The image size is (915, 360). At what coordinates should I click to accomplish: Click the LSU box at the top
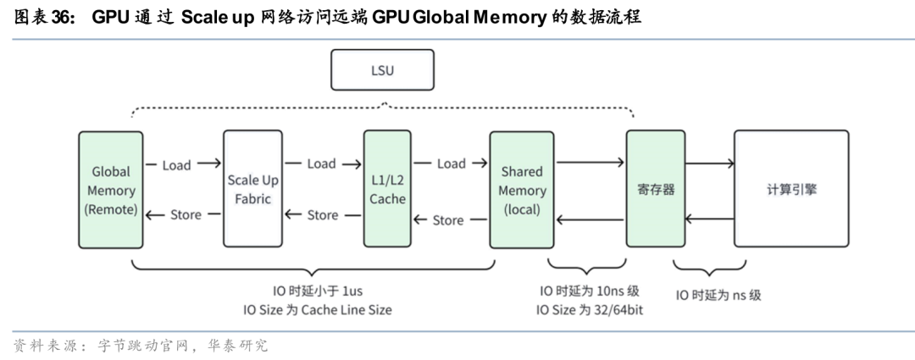[382, 70]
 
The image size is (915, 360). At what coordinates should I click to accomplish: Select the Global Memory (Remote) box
[110, 190]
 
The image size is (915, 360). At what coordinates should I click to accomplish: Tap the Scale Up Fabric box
[253, 189]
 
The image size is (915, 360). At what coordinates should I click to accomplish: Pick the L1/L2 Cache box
[387, 189]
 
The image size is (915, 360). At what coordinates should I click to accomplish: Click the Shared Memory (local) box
[522, 190]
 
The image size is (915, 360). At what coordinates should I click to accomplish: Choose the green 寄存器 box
[656, 190]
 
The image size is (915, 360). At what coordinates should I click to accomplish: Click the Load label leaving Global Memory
[176, 165]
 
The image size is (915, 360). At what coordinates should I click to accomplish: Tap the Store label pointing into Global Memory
[186, 215]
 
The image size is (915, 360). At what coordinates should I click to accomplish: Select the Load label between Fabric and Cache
[321, 163]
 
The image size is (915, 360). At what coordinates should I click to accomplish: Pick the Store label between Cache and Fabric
[322, 215]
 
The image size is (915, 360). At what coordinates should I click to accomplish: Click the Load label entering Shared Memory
[451, 163]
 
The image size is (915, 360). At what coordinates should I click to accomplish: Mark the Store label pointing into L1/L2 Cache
[448, 220]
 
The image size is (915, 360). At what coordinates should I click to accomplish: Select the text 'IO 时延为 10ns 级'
[589, 291]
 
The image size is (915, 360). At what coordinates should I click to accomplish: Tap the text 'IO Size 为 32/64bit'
[589, 310]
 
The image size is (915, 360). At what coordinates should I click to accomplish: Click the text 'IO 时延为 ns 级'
[718, 296]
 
